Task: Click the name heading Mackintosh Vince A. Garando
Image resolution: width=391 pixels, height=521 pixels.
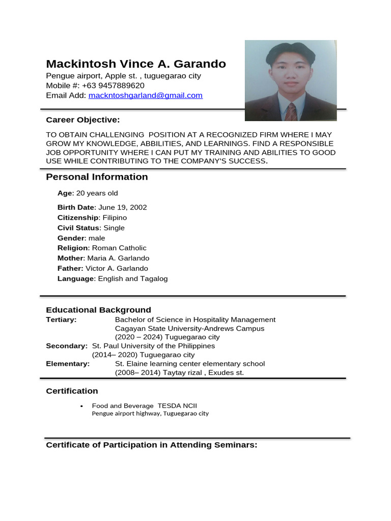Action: [136, 64]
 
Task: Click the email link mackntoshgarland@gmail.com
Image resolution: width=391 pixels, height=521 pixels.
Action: [145, 95]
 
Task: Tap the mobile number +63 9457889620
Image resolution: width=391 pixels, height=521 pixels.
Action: [113, 85]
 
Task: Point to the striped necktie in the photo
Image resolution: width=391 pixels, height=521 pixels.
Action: [291, 111]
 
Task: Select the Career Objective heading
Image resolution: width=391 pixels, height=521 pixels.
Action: [82, 120]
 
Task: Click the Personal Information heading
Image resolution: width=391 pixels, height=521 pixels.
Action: [97, 177]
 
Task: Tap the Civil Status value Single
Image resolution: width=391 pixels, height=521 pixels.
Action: [114, 228]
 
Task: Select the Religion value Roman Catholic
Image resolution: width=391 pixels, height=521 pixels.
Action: [119, 248]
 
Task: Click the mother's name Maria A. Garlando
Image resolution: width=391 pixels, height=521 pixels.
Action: [118, 258]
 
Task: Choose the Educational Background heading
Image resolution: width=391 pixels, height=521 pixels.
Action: [98, 310]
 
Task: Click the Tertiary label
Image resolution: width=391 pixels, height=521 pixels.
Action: [61, 320]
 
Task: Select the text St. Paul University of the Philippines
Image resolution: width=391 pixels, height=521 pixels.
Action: [153, 346]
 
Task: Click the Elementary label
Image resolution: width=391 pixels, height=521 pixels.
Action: [68, 364]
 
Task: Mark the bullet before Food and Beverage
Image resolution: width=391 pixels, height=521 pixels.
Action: [81, 407]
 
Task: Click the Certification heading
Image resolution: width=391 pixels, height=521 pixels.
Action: [72, 391]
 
